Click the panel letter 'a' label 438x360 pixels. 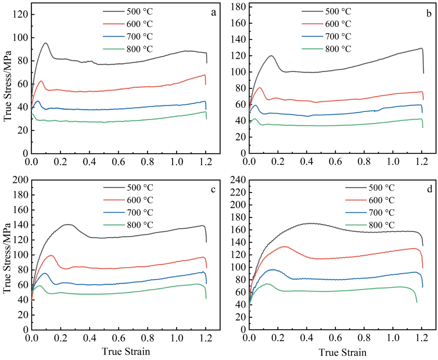[x=213, y=12]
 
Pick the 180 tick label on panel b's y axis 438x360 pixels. [x=238, y=7]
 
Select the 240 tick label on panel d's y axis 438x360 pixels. [x=238, y=180]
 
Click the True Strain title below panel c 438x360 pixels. [x=126, y=351]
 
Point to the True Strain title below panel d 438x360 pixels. [x=343, y=352]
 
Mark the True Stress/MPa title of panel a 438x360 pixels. [x=8, y=86]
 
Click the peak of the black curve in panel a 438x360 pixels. [x=46, y=43]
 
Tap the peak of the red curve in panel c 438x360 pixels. [x=51, y=255]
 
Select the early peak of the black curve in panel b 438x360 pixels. [x=271, y=56]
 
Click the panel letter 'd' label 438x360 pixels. [x=430, y=189]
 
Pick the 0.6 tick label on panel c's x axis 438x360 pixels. [x=119, y=338]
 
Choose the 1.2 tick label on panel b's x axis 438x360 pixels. [x=422, y=162]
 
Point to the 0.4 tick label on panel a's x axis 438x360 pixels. [x=89, y=162]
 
